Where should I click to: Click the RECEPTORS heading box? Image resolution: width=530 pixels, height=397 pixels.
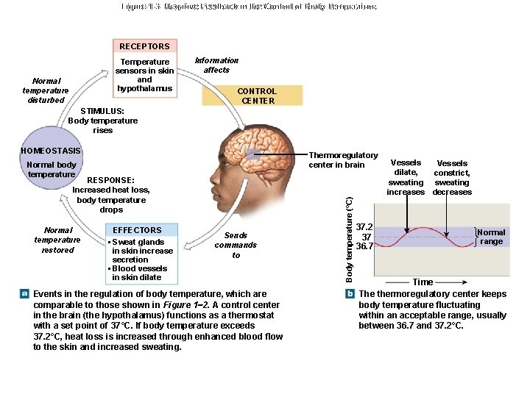tap(145, 46)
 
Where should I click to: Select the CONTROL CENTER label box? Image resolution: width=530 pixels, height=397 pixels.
tap(257, 96)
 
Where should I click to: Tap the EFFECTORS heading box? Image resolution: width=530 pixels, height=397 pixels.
tap(137, 230)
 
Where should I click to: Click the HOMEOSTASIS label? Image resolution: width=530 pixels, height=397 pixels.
tap(52, 151)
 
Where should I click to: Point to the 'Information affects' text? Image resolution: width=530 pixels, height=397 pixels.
tap(216, 65)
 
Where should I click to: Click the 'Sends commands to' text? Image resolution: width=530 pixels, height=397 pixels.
tap(236, 246)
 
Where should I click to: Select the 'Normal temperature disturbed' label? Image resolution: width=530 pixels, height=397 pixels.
tap(46, 90)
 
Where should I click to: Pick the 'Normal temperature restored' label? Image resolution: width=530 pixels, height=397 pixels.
tap(57, 240)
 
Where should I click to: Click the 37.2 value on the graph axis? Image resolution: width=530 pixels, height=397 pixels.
tap(364, 228)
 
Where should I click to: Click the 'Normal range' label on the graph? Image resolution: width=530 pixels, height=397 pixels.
tap(491, 237)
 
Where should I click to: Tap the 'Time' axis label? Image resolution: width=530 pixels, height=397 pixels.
tap(423, 282)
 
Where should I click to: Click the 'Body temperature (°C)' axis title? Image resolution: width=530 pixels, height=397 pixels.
tap(350, 237)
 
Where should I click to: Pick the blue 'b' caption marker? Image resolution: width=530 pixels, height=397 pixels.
tap(350, 294)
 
